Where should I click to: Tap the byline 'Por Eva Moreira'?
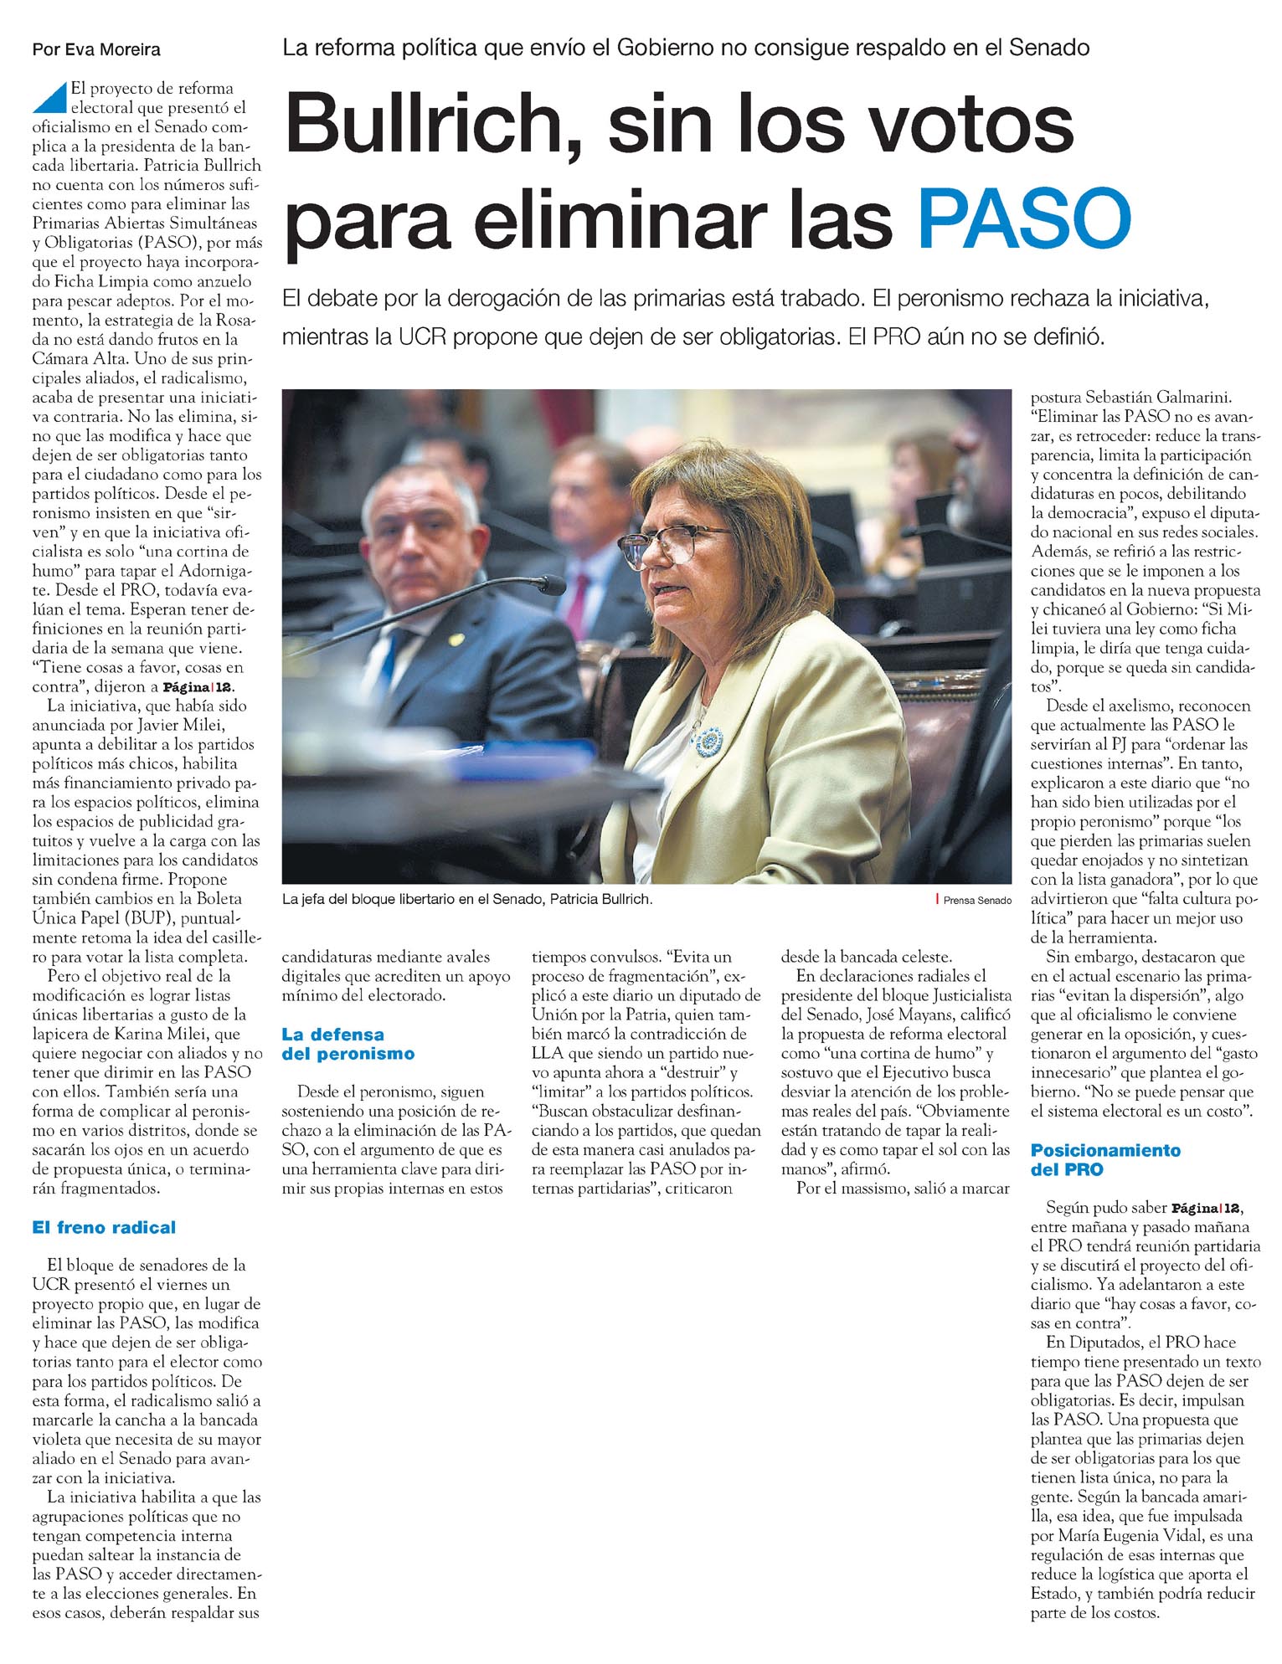click(x=96, y=49)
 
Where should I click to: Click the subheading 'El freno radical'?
click(x=104, y=1227)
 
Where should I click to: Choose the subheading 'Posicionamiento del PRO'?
click(x=1105, y=1159)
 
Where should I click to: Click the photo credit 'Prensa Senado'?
click(x=976, y=901)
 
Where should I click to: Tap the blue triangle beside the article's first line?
click(x=49, y=98)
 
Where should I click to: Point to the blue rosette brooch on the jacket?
click(x=709, y=739)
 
